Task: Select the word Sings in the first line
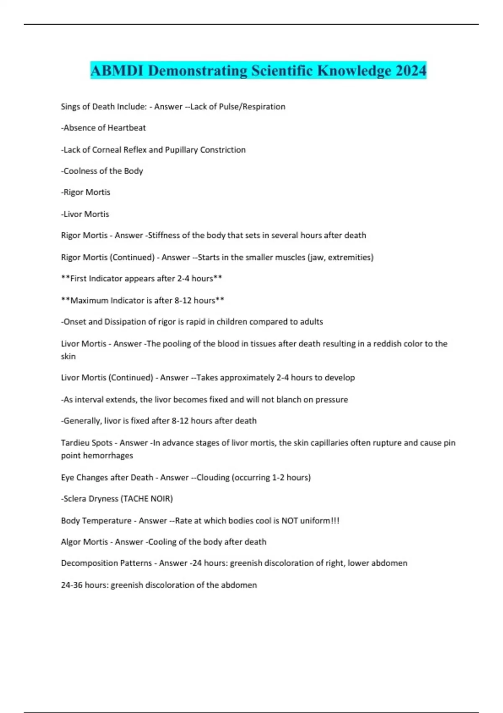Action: point(70,107)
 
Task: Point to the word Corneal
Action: point(106,150)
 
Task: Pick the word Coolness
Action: point(80,171)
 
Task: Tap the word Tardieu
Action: point(75,443)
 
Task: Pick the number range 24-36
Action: point(72,585)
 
